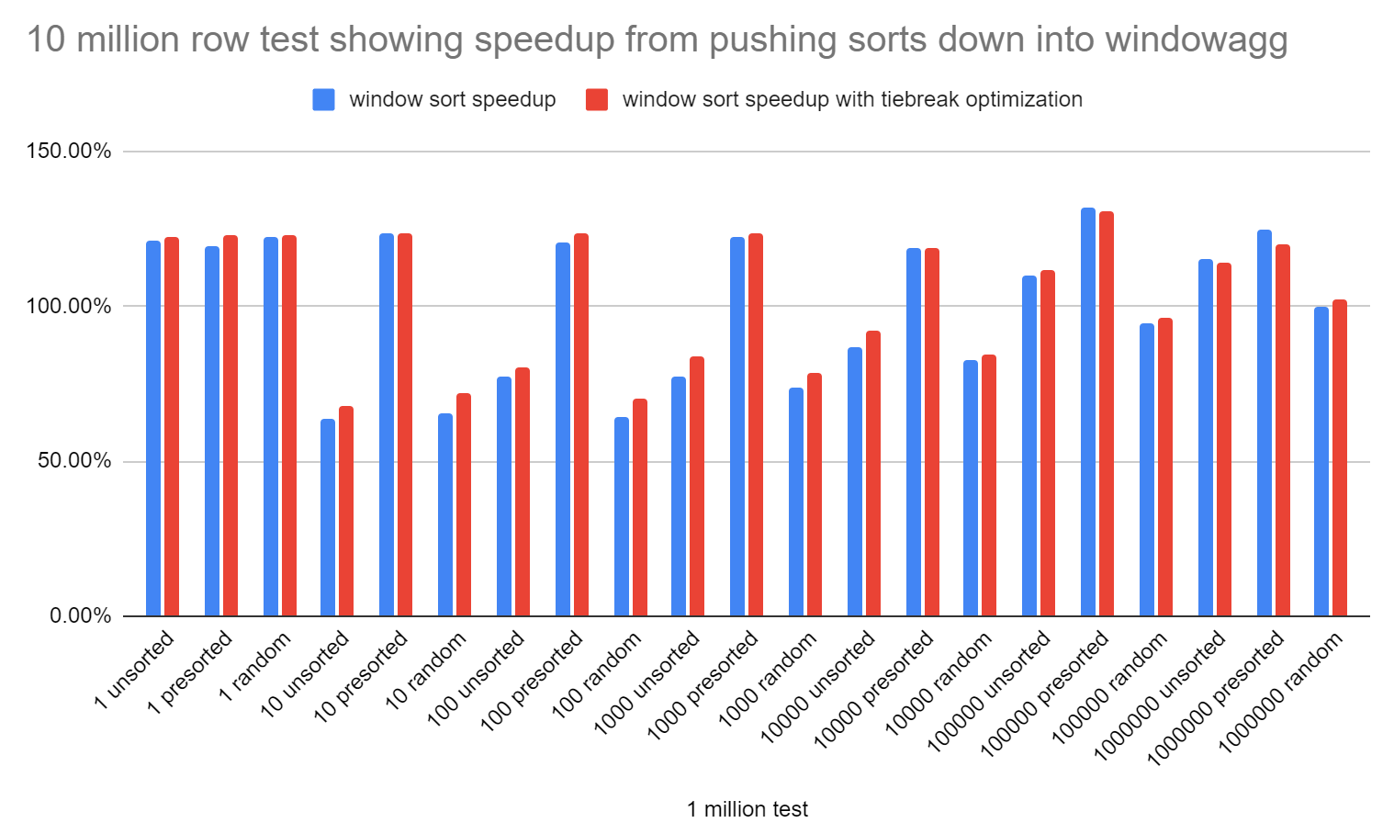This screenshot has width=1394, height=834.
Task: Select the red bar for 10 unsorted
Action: [346, 511]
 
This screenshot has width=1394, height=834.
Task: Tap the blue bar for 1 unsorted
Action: [153, 428]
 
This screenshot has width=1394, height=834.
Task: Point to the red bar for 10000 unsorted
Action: [873, 473]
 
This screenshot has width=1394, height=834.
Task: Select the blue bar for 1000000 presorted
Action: [1264, 423]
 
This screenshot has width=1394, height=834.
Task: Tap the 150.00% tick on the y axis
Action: [69, 151]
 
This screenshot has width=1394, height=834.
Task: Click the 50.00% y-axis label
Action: [74, 460]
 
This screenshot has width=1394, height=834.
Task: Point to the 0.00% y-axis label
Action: [80, 615]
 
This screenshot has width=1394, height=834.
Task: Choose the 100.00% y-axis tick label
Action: [69, 306]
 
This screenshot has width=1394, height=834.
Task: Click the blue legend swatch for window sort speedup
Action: [323, 99]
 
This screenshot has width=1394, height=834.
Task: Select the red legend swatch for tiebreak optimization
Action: [597, 99]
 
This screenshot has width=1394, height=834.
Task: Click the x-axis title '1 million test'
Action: [747, 809]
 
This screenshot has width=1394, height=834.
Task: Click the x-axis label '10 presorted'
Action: [362, 675]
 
